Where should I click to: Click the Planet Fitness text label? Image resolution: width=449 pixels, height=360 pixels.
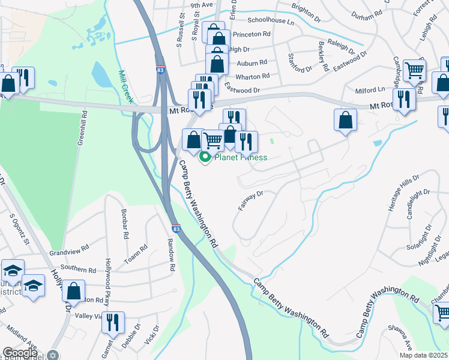(240, 158)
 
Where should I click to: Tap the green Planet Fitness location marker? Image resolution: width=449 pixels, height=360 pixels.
(205, 158)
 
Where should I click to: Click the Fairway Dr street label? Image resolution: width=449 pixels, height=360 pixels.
(250, 201)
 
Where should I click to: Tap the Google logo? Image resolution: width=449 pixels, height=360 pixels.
(20, 353)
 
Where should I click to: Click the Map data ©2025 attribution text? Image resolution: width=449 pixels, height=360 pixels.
(426, 355)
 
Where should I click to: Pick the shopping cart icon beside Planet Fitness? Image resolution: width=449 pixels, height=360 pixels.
(212, 140)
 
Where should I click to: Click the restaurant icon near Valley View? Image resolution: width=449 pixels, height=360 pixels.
(113, 323)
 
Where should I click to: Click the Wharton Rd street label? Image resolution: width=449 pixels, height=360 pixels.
(252, 77)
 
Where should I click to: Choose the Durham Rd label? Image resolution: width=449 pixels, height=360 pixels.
(367, 11)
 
